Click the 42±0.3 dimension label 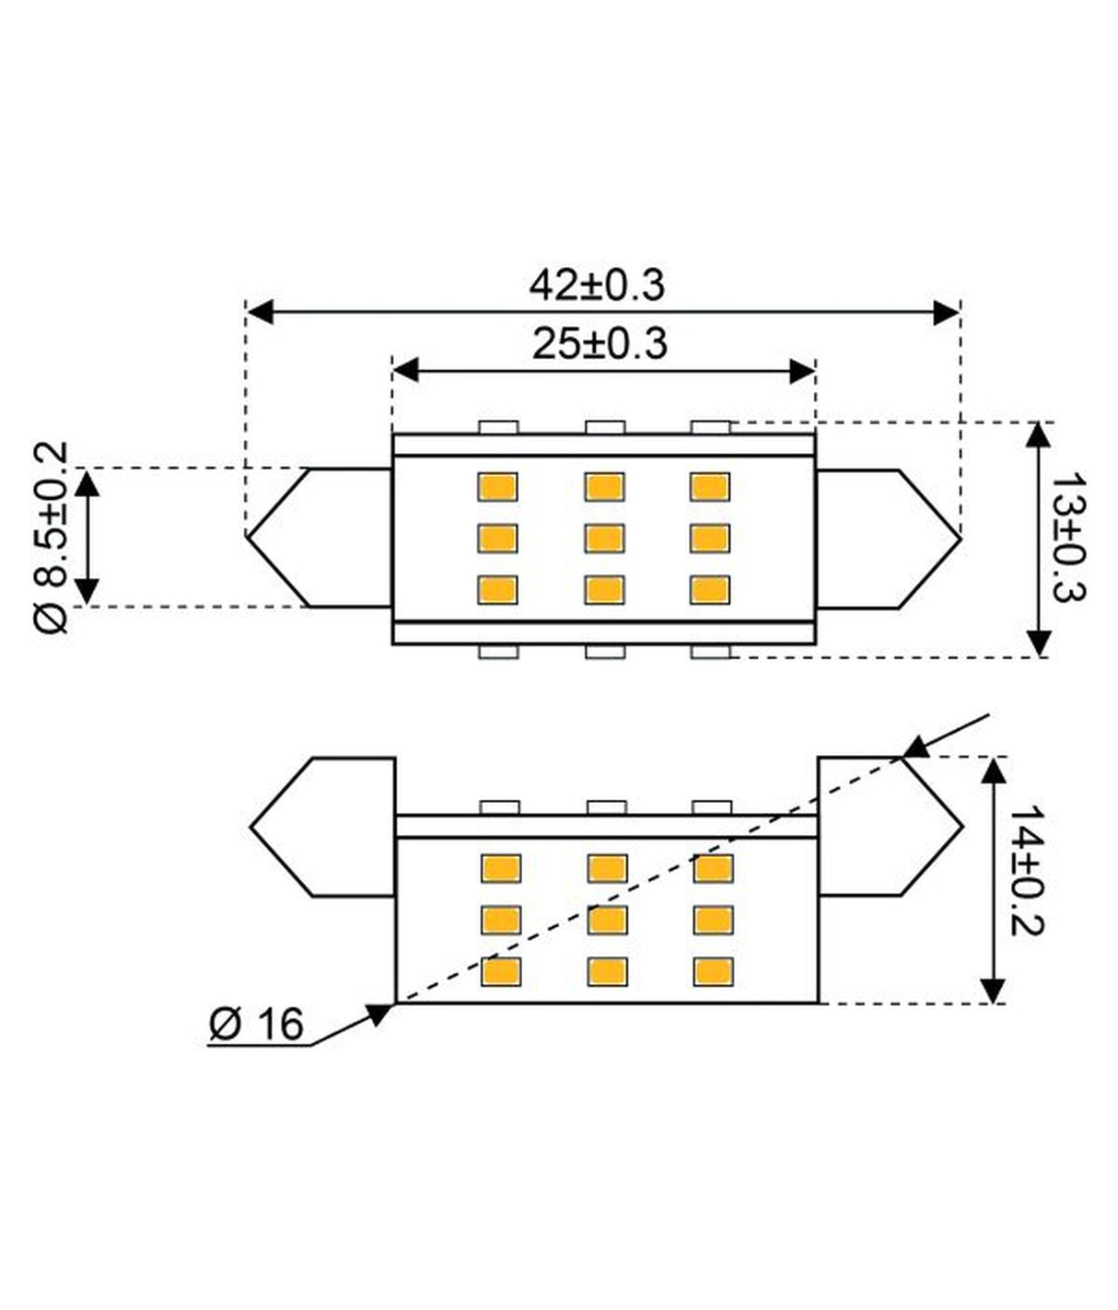[x=596, y=285]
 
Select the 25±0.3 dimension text [x=599, y=344]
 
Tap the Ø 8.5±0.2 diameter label [x=52, y=538]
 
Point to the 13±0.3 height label [x=1067, y=539]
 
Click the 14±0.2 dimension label [x=1024, y=870]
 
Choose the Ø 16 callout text [x=256, y=1024]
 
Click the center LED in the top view [x=604, y=538]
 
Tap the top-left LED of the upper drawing [x=497, y=486]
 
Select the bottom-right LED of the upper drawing [x=710, y=589]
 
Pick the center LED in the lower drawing [x=607, y=920]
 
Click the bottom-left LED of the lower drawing [x=501, y=971]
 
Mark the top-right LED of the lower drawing [x=714, y=868]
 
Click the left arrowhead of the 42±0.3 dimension [x=261, y=312]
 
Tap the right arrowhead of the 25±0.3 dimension [x=802, y=371]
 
